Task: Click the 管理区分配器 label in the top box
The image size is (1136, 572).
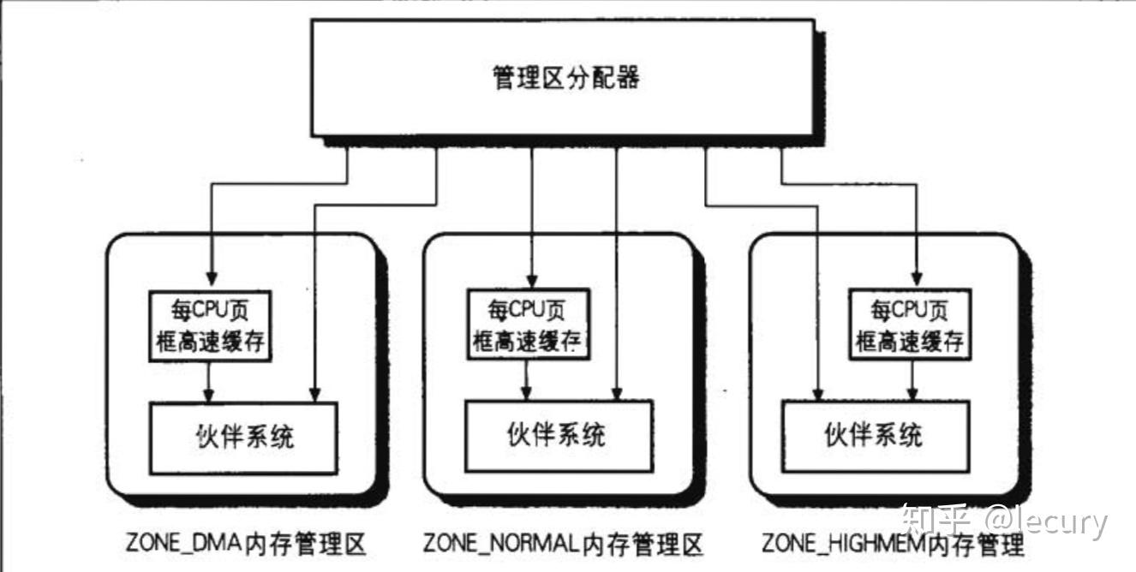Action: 566,78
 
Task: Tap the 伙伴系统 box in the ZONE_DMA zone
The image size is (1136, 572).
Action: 243,438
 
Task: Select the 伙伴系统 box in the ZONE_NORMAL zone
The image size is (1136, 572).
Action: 559,436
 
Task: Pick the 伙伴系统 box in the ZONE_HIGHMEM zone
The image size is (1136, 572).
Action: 876,437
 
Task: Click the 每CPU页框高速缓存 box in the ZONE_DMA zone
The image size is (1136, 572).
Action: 210,326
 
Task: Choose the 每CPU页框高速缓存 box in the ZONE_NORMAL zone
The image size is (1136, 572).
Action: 528,324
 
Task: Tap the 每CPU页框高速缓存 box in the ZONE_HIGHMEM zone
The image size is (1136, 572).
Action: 910,325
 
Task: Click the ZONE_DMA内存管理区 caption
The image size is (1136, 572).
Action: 246,544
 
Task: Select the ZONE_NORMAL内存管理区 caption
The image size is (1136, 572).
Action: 563,544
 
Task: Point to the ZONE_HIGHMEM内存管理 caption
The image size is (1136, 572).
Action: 893,544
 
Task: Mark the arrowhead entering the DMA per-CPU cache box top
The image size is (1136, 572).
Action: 212,278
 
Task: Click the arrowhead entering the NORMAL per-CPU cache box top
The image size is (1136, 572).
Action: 532,280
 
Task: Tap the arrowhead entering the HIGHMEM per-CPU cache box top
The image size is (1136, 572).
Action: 917,278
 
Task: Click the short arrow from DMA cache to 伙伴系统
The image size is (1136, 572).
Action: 208,382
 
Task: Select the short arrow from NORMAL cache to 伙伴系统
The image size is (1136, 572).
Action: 526,380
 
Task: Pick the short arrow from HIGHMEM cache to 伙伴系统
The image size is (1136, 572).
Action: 912,380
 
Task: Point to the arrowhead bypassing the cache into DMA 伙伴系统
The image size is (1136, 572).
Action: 314,395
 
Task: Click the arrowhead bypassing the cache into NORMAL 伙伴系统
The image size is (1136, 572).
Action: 617,394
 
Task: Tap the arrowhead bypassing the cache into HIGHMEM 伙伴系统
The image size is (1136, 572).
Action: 817,394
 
